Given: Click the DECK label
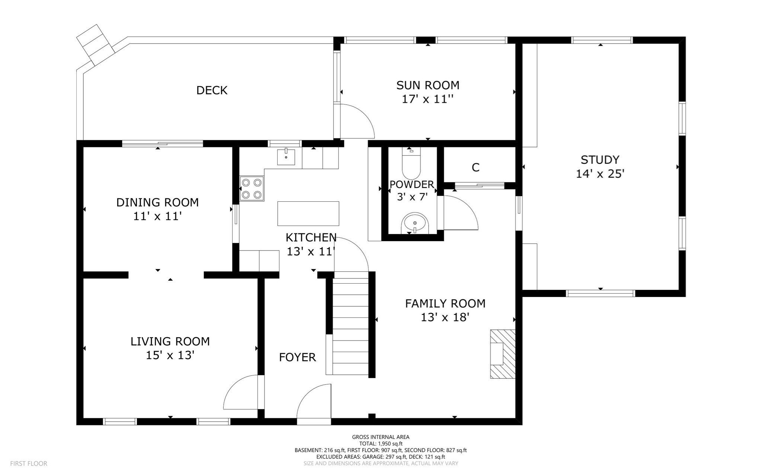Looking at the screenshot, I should point(212,90).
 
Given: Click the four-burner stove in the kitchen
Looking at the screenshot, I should point(252,189).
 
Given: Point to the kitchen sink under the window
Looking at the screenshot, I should point(286,157).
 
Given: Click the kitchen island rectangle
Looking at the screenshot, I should point(308,213).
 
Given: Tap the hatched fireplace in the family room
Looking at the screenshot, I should point(502,354).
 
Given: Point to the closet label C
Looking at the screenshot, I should point(475,168).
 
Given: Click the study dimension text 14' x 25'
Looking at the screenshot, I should point(600,174).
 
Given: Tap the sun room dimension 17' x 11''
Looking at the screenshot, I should point(428,99).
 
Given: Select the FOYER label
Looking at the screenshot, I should point(297,358).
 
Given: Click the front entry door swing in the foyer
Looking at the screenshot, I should point(315,403).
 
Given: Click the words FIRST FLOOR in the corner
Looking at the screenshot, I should point(29,464).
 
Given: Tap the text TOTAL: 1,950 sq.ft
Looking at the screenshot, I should point(381,444).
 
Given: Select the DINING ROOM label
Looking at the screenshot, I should point(157,202).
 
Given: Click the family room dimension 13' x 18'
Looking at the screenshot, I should point(445,317).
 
